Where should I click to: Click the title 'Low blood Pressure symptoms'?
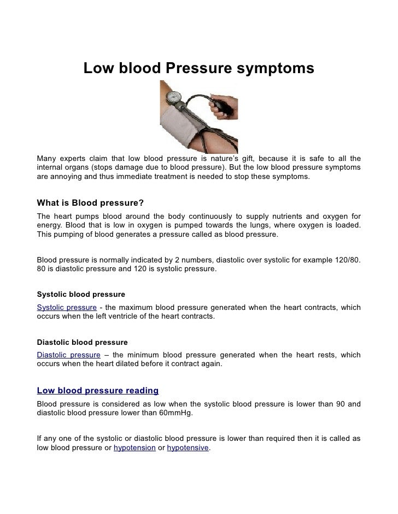coord(198,68)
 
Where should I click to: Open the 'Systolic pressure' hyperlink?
coord(66,307)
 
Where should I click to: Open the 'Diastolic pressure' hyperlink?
coord(68,355)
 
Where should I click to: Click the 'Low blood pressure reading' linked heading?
coord(97,391)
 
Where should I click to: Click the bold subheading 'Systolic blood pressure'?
coord(80,295)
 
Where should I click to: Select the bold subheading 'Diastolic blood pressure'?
coord(81,343)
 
